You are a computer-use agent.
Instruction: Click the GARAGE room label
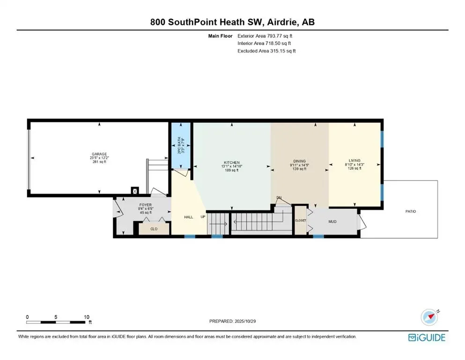pyautogui.click(x=99, y=154)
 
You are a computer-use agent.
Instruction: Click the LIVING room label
pyautogui.click(x=354, y=160)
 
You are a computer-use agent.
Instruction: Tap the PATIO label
pyautogui.click(x=410, y=211)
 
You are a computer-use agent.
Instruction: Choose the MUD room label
pyautogui.click(x=333, y=222)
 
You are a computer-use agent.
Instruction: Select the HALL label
pyautogui.click(x=189, y=217)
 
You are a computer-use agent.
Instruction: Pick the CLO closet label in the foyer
pyautogui.click(x=154, y=229)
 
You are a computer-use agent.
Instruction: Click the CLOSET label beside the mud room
pyautogui.click(x=300, y=220)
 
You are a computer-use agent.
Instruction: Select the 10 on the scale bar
pyautogui.click(x=86, y=317)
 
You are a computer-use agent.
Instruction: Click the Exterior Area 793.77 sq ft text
pyautogui.click(x=267, y=36)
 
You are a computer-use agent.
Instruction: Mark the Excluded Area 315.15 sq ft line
pyautogui.click(x=267, y=51)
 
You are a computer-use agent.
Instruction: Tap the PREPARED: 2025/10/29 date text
pyautogui.click(x=233, y=321)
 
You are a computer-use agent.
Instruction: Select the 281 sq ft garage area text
pyautogui.click(x=99, y=162)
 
